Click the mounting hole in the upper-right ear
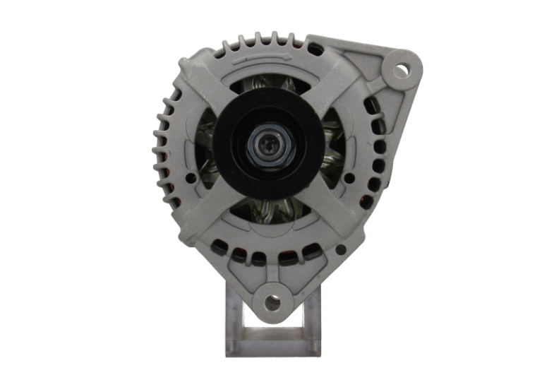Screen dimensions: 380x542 (x=400, y=70)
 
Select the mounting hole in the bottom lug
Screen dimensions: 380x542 (x=272, y=302)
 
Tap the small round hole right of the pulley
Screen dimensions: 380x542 (x=349, y=178)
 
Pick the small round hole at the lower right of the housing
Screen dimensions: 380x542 (x=341, y=249)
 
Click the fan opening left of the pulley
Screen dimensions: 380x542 (x=206, y=152)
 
